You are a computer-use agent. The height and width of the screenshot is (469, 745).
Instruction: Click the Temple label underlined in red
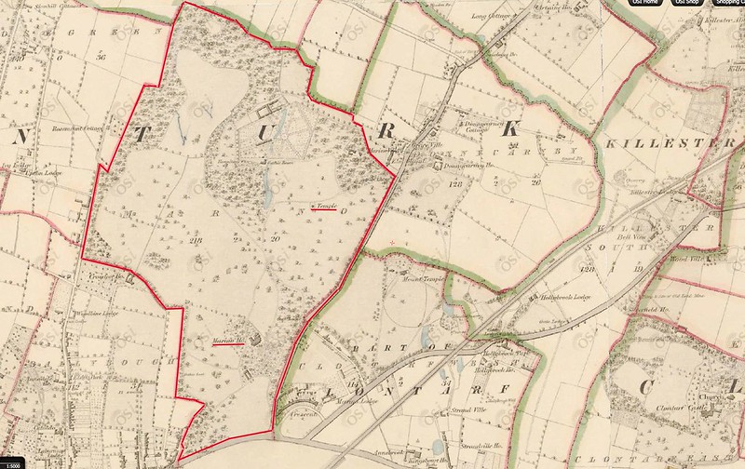(x=325, y=204)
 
